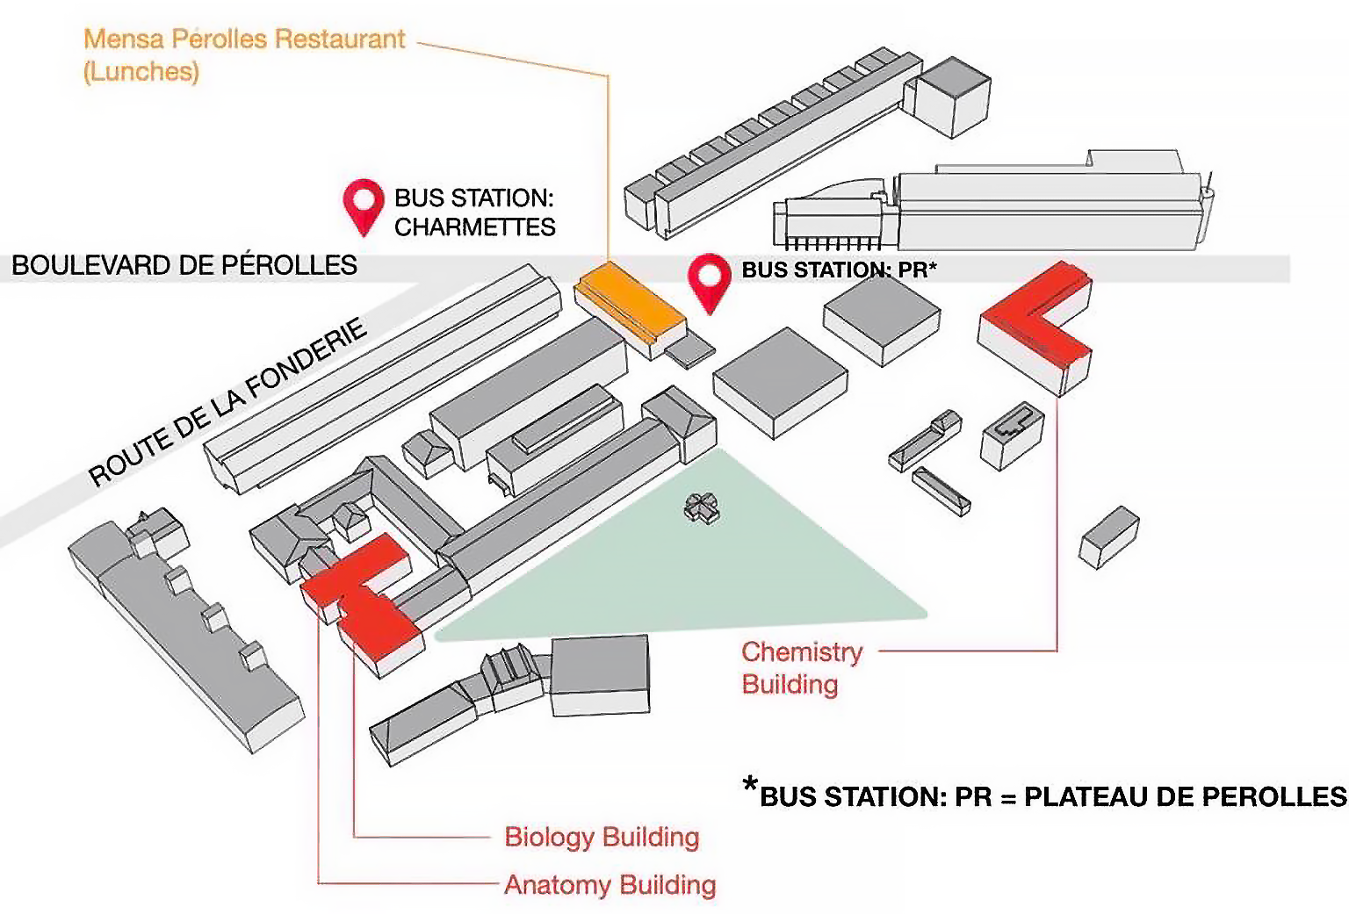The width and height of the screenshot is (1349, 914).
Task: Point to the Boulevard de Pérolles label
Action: point(184,265)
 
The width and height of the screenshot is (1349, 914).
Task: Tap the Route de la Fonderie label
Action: point(227,403)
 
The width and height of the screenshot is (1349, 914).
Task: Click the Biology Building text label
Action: point(602,837)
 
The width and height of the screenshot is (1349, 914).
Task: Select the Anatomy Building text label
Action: point(610,885)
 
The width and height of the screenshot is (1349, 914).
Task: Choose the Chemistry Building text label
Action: point(801,668)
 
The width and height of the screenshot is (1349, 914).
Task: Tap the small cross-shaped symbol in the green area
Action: point(701,507)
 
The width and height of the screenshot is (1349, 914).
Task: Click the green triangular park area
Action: point(703,571)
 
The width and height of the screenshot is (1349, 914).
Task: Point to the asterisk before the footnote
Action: point(749,785)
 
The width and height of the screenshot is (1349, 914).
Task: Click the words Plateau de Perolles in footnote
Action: point(1185,797)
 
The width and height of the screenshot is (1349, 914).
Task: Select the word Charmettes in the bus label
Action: point(474,227)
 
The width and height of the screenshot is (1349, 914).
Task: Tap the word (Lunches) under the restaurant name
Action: point(141,72)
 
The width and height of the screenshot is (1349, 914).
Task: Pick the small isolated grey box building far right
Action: point(1108,536)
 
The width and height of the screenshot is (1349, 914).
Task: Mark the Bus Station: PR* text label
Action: point(839,270)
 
